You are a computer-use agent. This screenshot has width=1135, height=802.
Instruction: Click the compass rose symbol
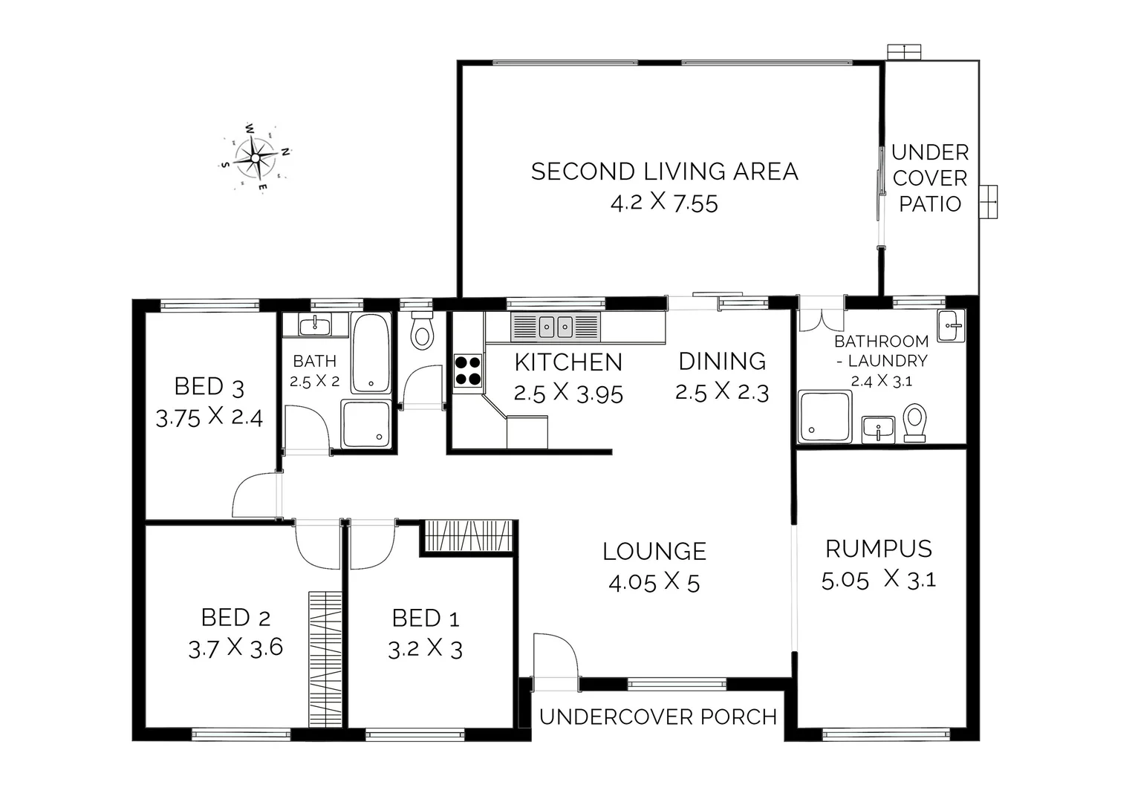point(255,157)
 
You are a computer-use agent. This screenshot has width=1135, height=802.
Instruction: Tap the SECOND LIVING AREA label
point(664,172)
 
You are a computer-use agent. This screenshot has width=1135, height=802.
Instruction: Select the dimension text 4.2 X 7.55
point(664,203)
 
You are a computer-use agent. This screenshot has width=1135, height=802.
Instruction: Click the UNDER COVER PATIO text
point(930,178)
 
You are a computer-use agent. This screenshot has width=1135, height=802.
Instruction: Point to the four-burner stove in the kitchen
point(467,371)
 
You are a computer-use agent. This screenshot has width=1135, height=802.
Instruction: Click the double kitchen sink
point(556,326)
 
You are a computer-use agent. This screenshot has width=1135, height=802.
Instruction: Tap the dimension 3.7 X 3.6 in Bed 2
point(235,648)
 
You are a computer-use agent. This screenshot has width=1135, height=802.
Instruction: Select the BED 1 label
point(425,618)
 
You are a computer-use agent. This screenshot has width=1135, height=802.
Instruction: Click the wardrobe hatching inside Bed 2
point(325,659)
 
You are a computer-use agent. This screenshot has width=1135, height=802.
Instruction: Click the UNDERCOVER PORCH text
point(658,717)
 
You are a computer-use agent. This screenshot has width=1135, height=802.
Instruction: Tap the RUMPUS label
point(878,549)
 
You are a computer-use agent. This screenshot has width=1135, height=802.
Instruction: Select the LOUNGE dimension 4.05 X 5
point(654,583)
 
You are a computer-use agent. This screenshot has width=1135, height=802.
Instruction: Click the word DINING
point(722,361)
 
